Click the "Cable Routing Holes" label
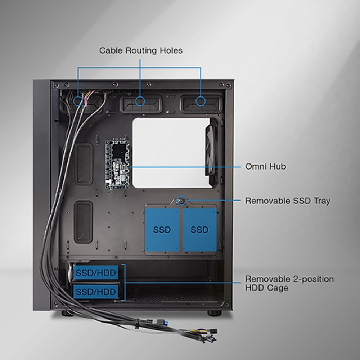tap(141, 50)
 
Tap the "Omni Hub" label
tap(265, 167)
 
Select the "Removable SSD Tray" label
tap(287, 201)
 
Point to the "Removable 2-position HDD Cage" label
tap(289, 283)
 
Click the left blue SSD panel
tap(162, 230)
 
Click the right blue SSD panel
tap(200, 230)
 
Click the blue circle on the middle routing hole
tap(140, 101)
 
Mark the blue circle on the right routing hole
tap(201, 101)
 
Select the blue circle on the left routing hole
tap(78, 101)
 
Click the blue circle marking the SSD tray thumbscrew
tap(182, 200)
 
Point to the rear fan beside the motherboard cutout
tap(212, 148)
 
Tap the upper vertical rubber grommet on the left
tap(84, 164)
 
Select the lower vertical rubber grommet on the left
tap(83, 221)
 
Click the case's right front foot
tap(215, 313)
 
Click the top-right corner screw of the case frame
tap(228, 85)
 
